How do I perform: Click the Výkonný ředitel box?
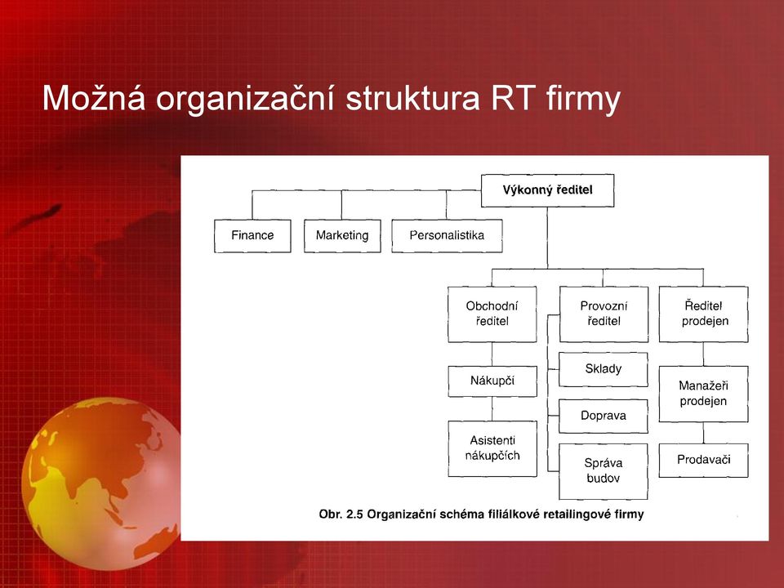(547, 190)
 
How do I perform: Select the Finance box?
(252, 235)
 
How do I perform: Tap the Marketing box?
(342, 235)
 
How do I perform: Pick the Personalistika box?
(447, 235)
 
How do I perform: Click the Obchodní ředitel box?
(492, 314)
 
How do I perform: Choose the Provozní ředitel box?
(604, 314)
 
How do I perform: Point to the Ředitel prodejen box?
(704, 314)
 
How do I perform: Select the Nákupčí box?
(492, 381)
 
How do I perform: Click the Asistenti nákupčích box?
(492, 448)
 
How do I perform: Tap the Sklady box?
(604, 369)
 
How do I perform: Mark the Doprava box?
(604, 416)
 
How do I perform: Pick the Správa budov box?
(604, 471)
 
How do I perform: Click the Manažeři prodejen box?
(704, 394)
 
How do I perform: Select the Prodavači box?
(704, 460)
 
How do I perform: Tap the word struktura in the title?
(412, 98)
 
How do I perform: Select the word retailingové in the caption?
(562, 514)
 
